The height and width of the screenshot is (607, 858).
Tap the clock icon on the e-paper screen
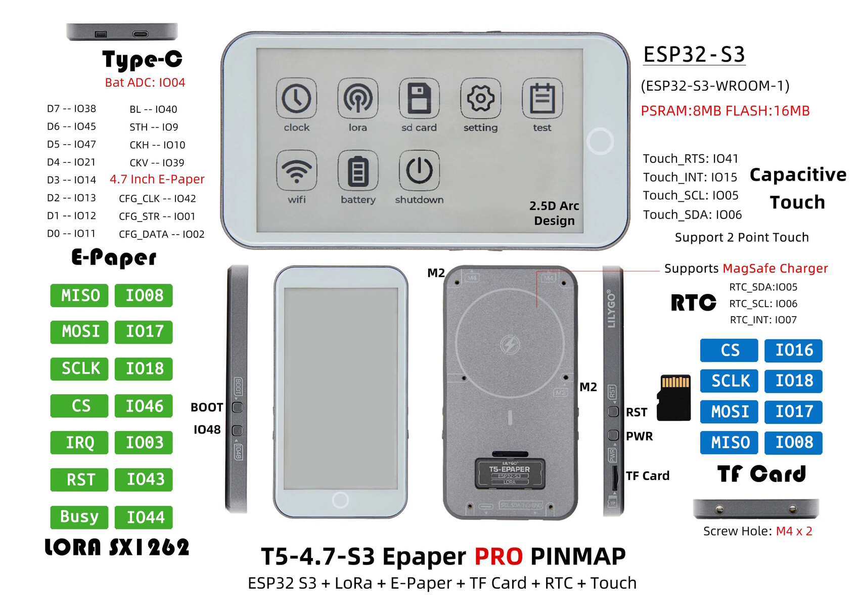[x=296, y=98]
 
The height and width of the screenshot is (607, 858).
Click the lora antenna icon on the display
[x=358, y=98]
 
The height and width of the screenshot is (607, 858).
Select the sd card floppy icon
[x=419, y=98]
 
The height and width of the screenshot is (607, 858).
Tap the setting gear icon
[x=481, y=98]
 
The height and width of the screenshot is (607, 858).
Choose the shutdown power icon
[x=419, y=170]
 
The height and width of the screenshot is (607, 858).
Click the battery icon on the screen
[x=358, y=170]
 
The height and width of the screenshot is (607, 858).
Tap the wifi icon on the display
[x=296, y=170]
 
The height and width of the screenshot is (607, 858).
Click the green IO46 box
[x=144, y=406]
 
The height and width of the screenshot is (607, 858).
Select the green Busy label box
[x=79, y=517]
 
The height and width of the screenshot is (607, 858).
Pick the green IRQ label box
[x=79, y=443]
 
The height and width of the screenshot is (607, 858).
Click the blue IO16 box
[x=793, y=350]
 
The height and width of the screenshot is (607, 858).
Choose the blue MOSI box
[x=729, y=412]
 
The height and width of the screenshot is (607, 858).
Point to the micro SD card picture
[x=674, y=398]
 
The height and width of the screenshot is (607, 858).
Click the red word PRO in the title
[x=499, y=556]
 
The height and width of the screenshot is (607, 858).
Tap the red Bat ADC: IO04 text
[x=145, y=82]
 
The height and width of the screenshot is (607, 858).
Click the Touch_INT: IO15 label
[x=690, y=177]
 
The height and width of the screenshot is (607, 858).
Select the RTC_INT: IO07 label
[x=763, y=320]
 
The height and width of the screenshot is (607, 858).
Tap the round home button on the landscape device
[x=600, y=141]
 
